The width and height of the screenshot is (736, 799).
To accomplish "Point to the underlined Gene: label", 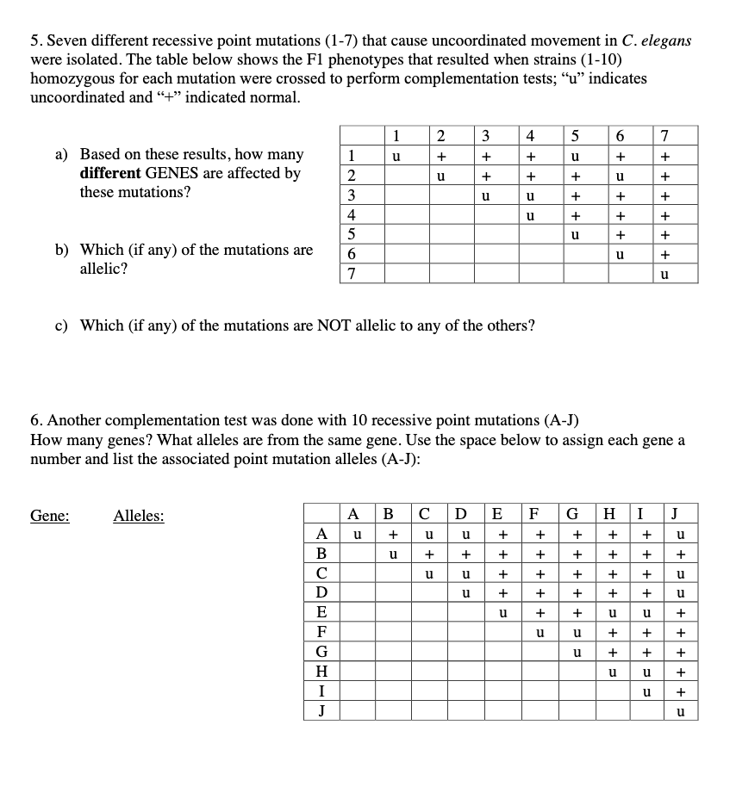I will point(50,516).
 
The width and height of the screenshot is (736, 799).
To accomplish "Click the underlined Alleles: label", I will point(139,516).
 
